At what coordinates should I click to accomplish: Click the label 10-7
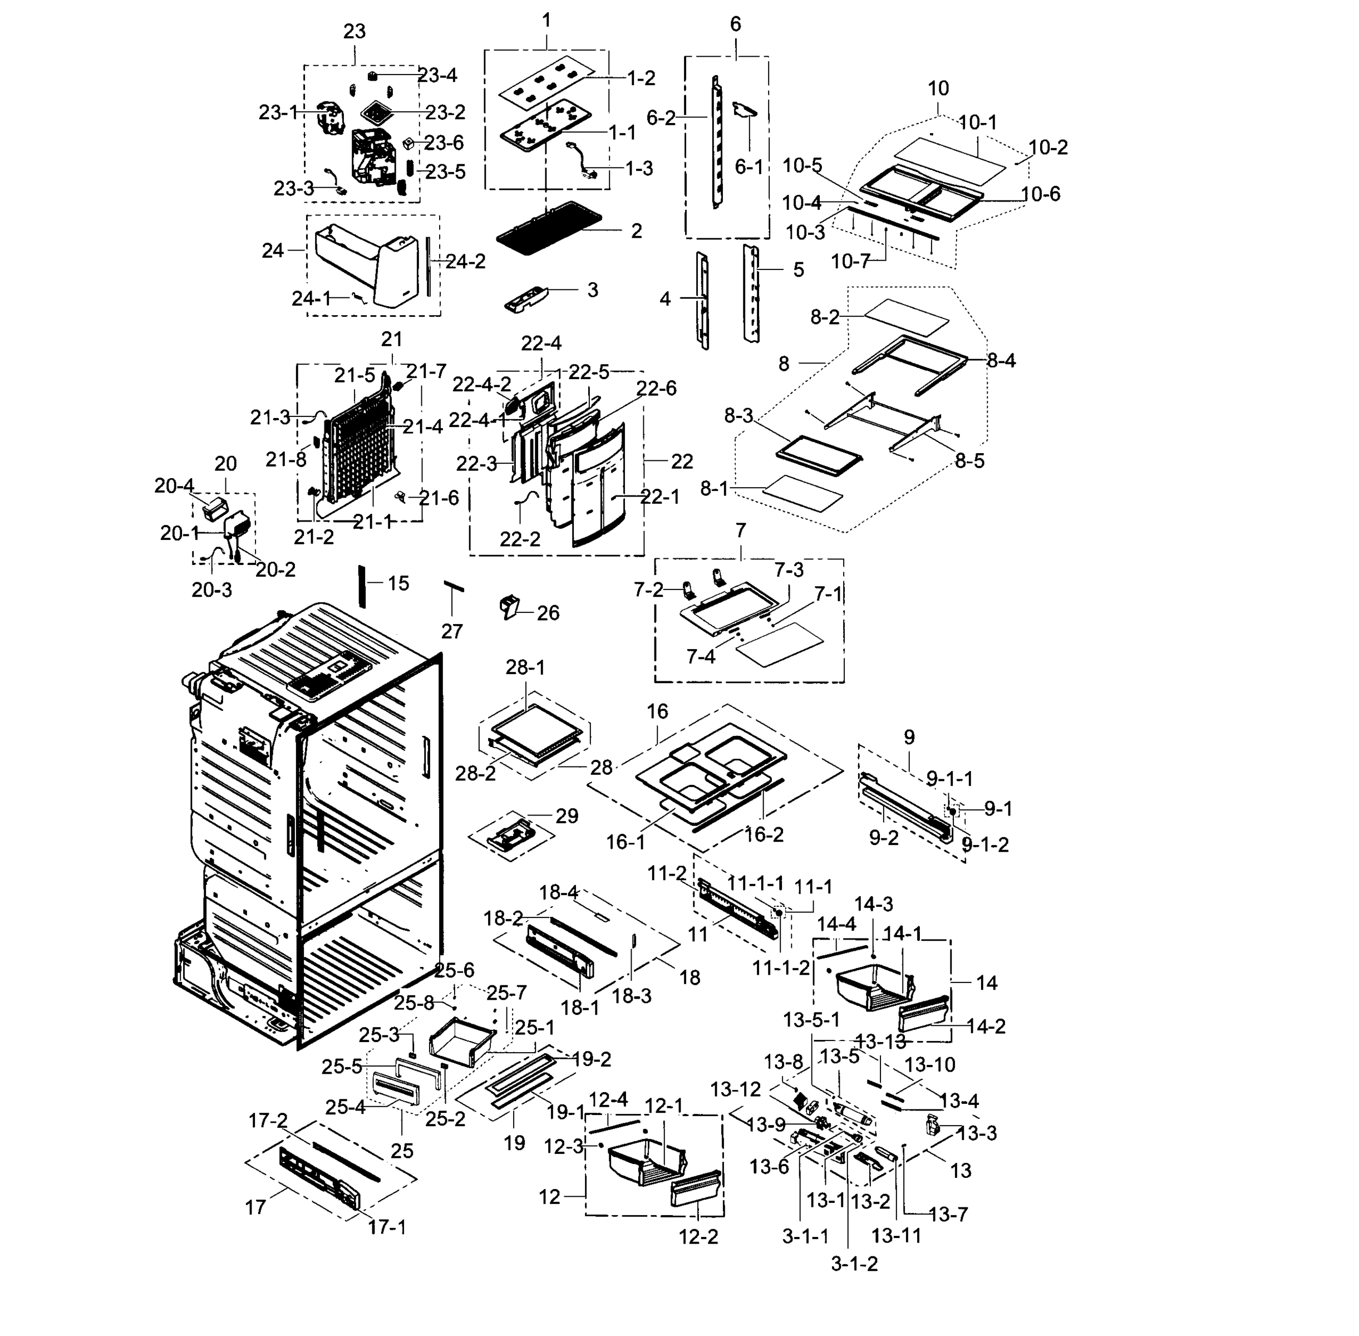click(x=850, y=262)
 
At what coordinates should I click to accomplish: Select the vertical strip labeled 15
click(x=363, y=586)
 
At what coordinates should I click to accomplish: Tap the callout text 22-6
click(x=656, y=388)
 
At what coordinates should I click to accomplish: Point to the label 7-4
click(x=700, y=657)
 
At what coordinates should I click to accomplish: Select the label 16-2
click(x=764, y=834)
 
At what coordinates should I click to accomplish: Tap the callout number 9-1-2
click(x=984, y=845)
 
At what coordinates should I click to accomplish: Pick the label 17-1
click(x=387, y=1227)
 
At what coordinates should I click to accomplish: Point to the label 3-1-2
click(x=854, y=1264)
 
